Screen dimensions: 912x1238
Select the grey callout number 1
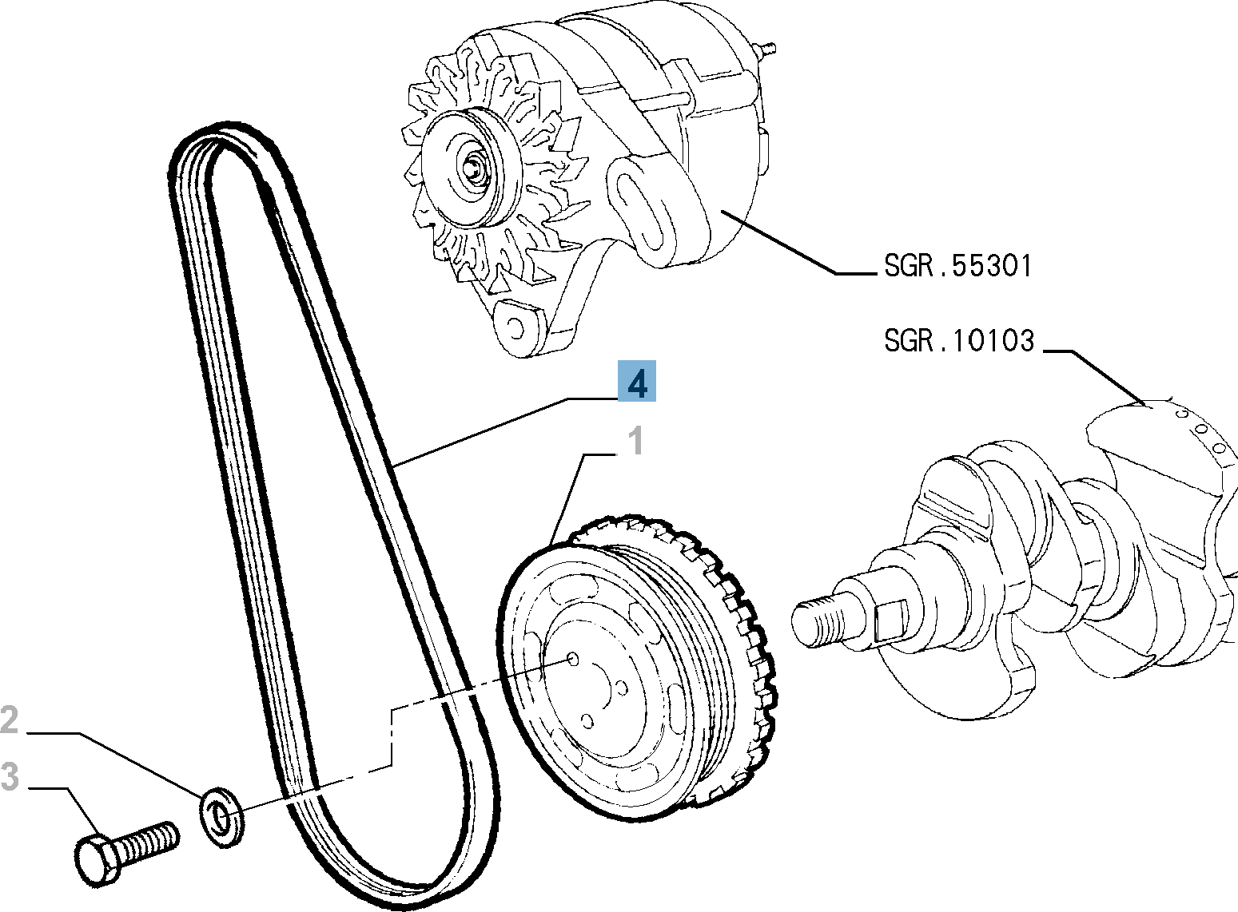click(x=635, y=441)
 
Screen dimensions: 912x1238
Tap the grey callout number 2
click(x=10, y=720)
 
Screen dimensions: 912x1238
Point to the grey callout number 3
click(x=10, y=776)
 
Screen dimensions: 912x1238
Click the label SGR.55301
click(x=957, y=265)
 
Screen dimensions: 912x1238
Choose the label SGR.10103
click(x=958, y=341)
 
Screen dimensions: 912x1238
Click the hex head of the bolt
click(x=97, y=860)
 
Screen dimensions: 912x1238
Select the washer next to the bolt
click(x=219, y=816)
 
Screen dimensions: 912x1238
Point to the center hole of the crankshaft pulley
click(x=572, y=658)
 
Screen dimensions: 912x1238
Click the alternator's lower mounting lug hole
click(x=514, y=327)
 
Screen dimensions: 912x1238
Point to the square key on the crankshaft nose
click(x=891, y=619)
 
